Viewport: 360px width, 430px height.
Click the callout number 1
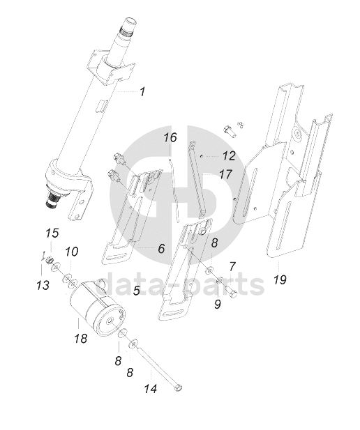[142, 91]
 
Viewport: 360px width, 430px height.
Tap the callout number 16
[170, 137]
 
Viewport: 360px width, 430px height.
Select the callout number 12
[229, 156]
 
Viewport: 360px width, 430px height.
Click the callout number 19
[280, 279]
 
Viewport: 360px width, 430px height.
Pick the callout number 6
[161, 249]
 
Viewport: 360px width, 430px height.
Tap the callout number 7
[232, 266]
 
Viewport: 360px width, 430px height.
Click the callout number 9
[218, 304]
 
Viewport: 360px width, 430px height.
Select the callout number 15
[52, 233]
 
